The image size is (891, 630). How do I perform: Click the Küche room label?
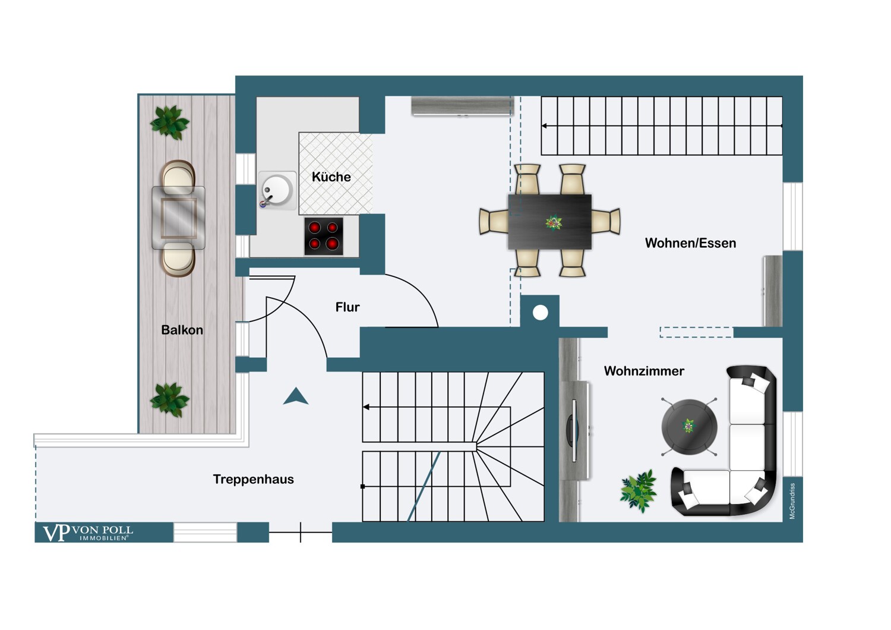[331, 177]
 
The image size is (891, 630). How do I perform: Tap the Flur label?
[347, 307]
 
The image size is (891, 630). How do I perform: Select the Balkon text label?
[182, 330]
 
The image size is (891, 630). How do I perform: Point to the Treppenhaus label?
[254, 479]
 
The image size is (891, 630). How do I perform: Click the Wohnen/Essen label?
[690, 242]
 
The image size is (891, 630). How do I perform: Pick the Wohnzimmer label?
[644, 371]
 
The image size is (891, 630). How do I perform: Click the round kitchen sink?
[277, 191]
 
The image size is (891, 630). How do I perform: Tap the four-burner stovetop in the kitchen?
[323, 236]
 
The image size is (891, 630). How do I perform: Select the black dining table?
[549, 222]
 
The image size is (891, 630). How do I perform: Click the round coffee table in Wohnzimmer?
[689, 427]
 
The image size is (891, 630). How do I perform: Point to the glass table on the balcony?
[178, 218]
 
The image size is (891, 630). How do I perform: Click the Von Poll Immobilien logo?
[87, 533]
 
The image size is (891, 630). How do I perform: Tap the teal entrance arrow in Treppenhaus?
[296, 396]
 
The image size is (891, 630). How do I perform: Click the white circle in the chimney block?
[540, 313]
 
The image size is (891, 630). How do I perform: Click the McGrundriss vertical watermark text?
[792, 501]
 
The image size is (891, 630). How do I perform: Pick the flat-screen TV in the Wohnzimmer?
[573, 431]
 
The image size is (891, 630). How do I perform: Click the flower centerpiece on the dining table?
[553, 222]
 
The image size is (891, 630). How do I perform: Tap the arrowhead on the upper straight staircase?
[544, 126]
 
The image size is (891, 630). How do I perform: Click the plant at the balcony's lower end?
[169, 399]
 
